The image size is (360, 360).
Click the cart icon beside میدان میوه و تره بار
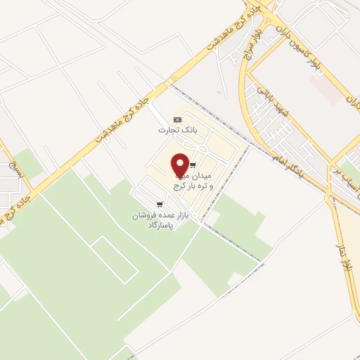click(193, 165)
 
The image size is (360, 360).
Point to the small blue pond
click(219, 92)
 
